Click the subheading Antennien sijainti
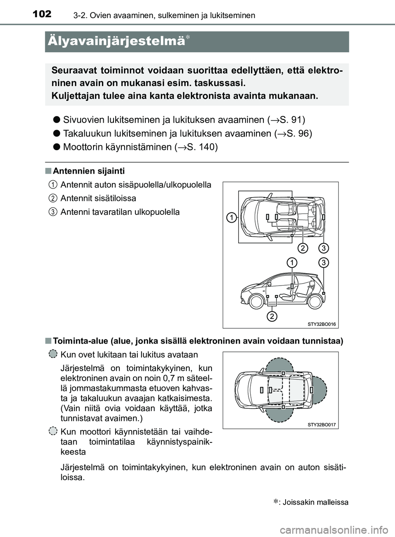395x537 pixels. (x=88, y=171)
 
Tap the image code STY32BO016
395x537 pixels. (x=321, y=324)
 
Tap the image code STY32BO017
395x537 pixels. (x=321, y=425)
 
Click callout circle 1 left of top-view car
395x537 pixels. (x=232, y=217)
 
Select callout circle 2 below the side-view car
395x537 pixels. (x=272, y=316)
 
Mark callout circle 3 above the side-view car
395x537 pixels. (x=323, y=262)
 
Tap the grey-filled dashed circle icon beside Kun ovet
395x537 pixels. (x=53, y=354)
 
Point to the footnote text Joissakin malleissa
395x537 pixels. (x=315, y=502)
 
